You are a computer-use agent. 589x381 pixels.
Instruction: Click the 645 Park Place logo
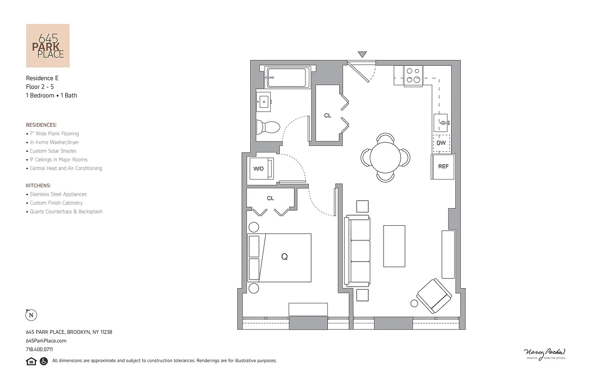tap(48, 46)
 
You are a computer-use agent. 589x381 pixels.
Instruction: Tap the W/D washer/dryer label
tap(258, 169)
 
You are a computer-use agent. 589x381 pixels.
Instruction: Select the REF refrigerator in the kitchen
tap(443, 167)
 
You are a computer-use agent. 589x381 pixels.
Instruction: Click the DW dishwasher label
tap(441, 143)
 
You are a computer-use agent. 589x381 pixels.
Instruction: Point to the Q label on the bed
tap(284, 257)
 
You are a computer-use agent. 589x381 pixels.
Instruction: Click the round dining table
tap(386, 158)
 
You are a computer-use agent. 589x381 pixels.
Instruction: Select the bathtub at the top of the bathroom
tap(287, 78)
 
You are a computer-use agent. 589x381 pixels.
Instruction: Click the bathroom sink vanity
tap(264, 101)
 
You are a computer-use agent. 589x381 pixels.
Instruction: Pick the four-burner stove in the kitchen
tap(413, 76)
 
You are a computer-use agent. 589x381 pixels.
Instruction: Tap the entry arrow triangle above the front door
tap(362, 54)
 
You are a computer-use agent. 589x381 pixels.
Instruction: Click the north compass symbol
tap(31, 315)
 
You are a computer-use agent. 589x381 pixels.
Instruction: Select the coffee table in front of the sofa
tap(394, 246)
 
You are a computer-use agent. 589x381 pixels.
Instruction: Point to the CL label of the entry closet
tap(327, 116)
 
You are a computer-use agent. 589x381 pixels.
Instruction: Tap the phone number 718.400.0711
tap(39, 349)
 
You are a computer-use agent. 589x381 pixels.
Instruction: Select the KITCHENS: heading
tap(39, 185)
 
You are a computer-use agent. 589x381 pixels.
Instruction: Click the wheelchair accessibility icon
tap(43, 361)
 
